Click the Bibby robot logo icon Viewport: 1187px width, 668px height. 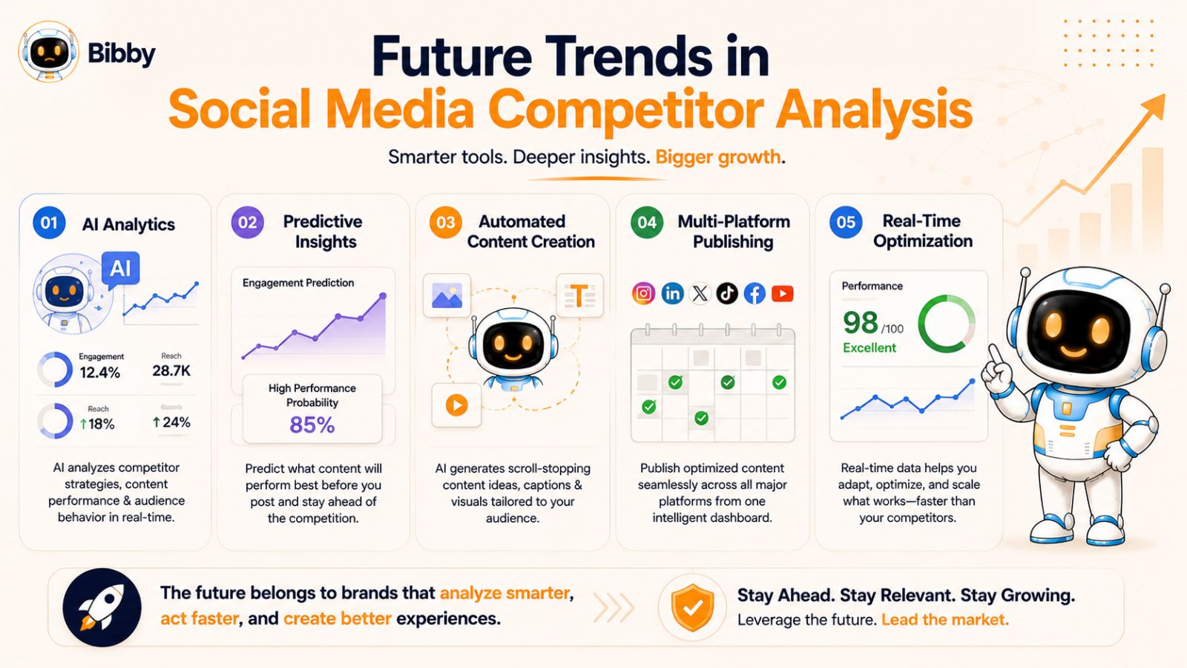[x=49, y=52]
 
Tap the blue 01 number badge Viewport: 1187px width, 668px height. [x=49, y=223]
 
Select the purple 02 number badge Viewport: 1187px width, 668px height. [x=248, y=222]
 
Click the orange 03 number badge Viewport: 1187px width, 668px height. [x=446, y=222]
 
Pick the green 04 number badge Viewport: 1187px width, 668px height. [x=647, y=222]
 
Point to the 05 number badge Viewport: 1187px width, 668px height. [x=846, y=222]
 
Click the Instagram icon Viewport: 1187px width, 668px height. [x=643, y=293]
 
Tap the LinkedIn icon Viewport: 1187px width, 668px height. [x=672, y=293]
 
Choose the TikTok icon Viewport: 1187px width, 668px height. [x=727, y=293]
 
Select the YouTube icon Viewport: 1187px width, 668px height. [x=782, y=293]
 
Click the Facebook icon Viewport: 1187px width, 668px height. [x=754, y=293]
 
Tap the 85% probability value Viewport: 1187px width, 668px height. [x=312, y=425]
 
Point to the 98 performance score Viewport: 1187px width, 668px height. [x=861, y=322]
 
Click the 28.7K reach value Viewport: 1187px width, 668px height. [x=171, y=370]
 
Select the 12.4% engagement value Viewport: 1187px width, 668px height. [x=99, y=372]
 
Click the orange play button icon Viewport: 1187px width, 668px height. [x=456, y=405]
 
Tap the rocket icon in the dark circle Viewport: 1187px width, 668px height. [x=102, y=608]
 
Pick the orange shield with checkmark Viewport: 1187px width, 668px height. [x=692, y=608]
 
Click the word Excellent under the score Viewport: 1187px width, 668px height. [x=869, y=348]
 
